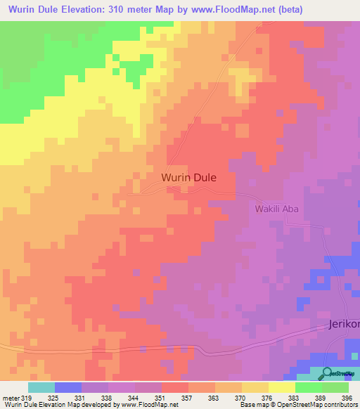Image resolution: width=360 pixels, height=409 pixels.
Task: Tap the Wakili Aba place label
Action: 278,209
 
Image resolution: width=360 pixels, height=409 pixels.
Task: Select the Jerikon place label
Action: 343,325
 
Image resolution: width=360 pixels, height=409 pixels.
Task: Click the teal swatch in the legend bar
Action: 41,387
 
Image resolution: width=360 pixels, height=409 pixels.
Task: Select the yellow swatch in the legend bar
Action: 282,387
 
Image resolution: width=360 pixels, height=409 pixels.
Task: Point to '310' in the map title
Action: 131,10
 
